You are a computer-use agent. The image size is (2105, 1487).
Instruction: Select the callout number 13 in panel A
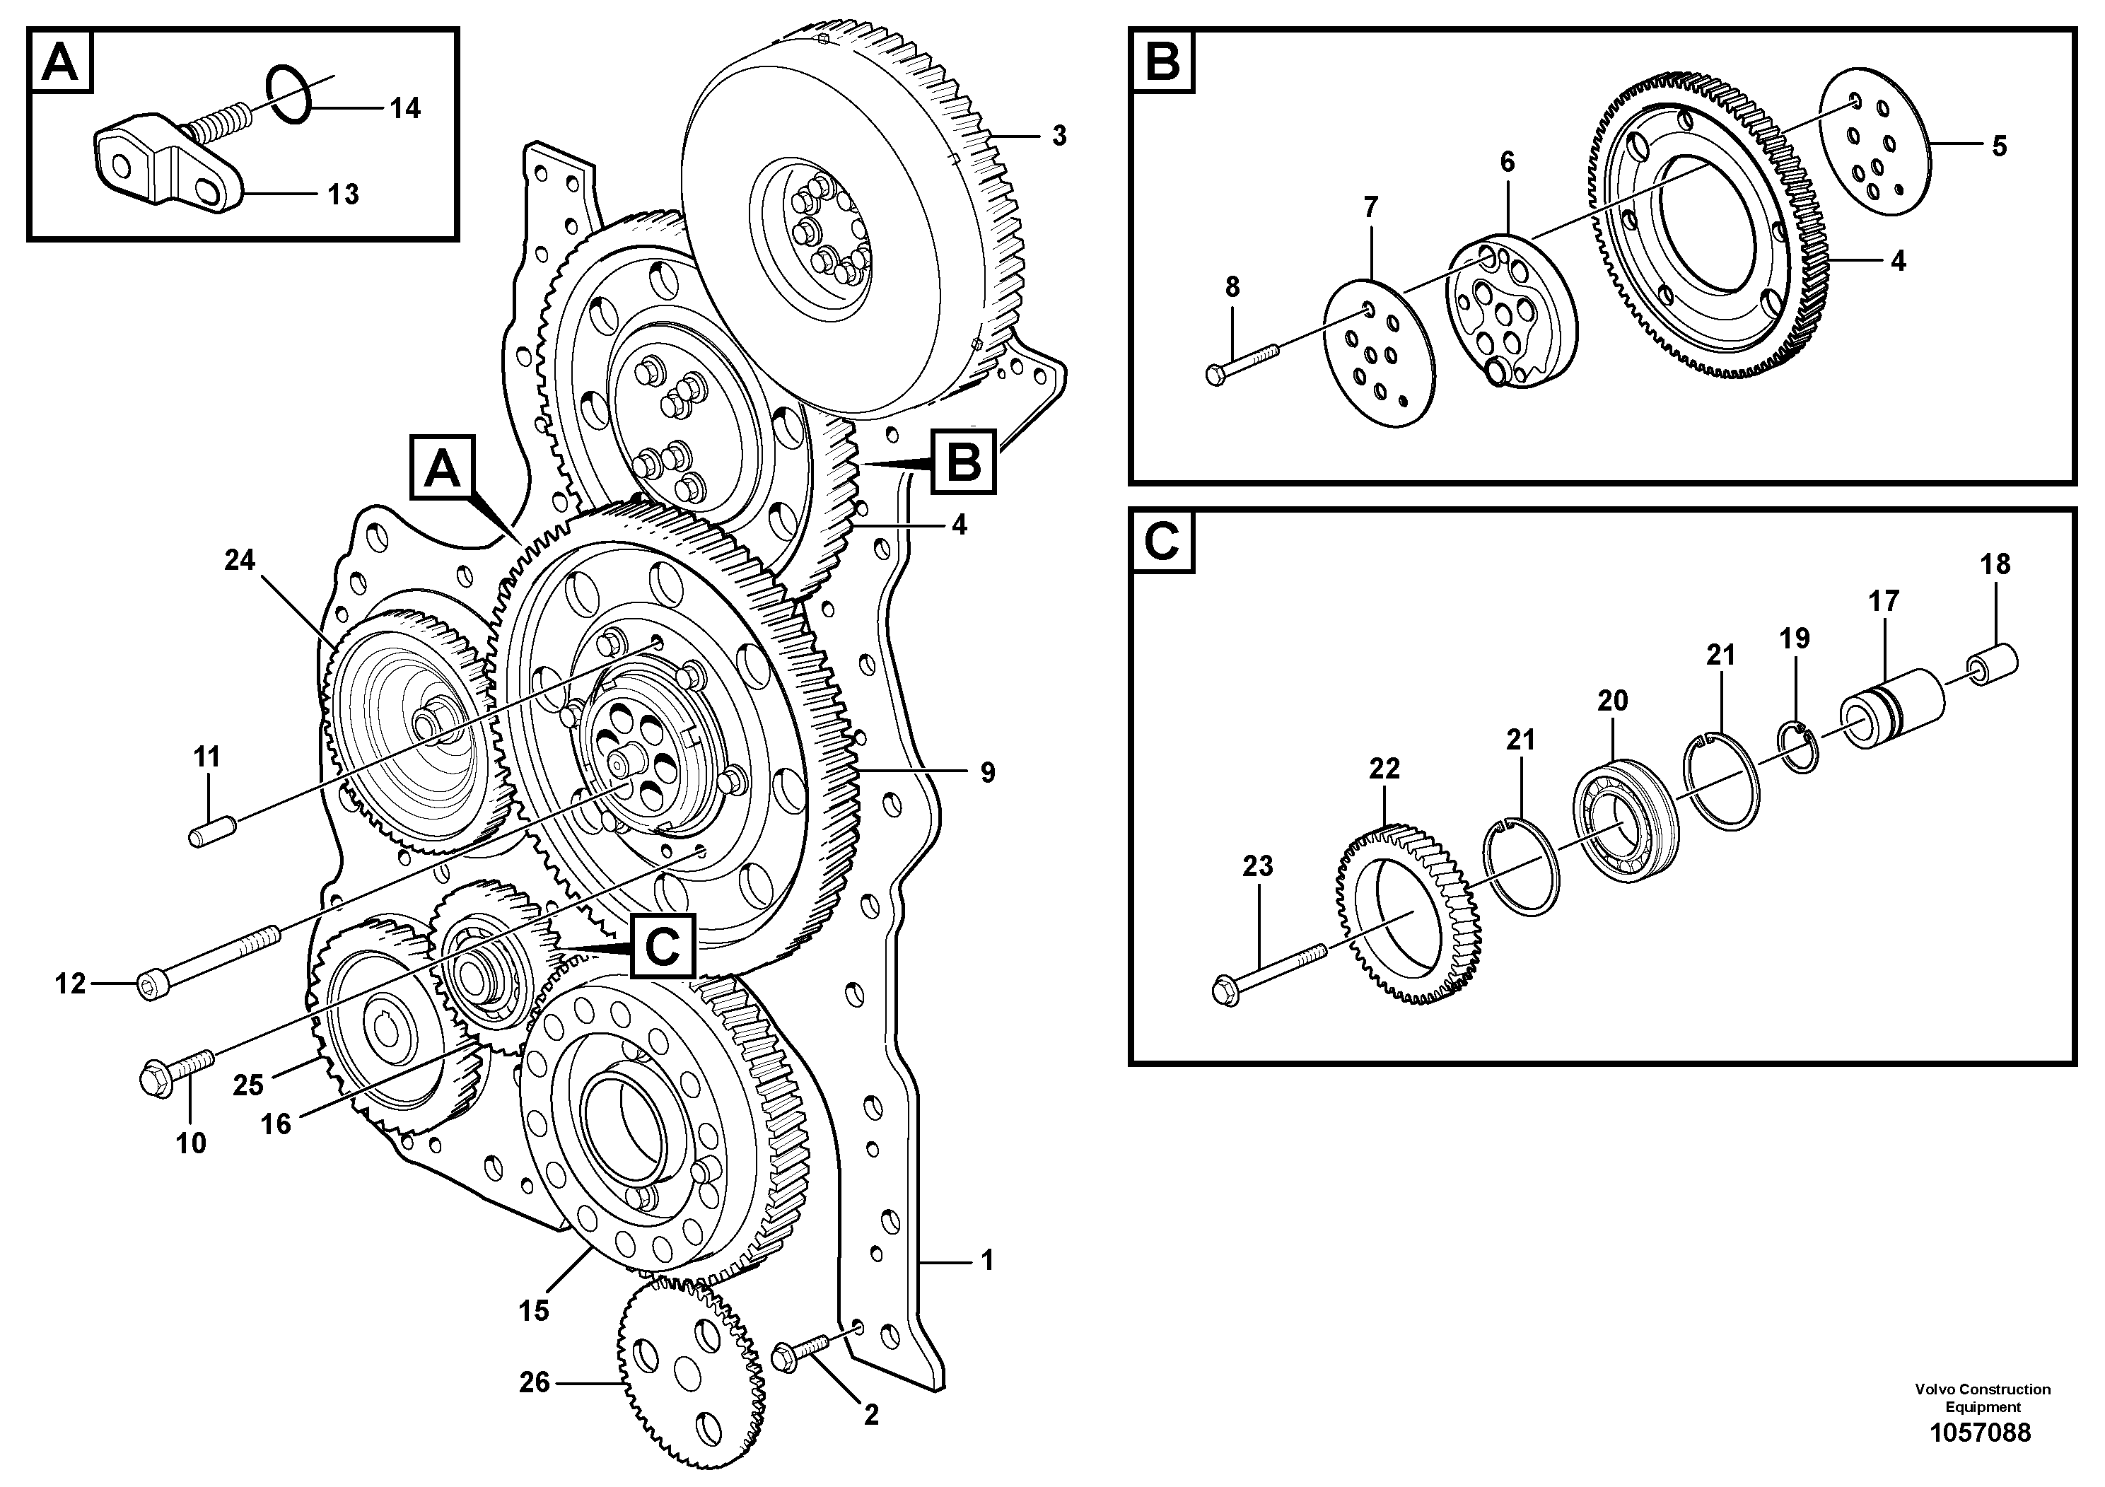[344, 194]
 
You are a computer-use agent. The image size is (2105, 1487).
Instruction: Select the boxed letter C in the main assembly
[663, 947]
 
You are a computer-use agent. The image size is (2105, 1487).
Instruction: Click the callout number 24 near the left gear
[240, 559]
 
